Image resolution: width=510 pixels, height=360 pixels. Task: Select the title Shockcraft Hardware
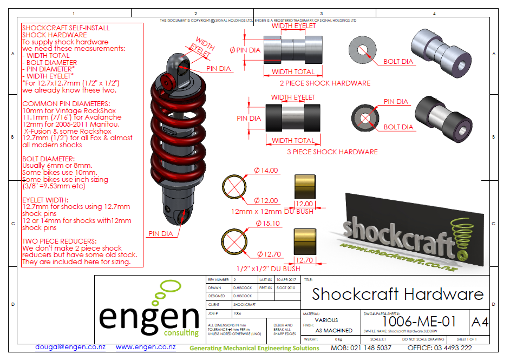[397, 294]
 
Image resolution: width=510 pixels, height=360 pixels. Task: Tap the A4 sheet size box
[480, 322]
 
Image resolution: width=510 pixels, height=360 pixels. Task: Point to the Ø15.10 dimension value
[266, 223]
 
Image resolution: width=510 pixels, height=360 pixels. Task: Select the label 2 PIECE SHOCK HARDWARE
[325, 83]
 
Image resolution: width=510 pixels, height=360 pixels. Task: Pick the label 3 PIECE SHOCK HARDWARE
[332, 152]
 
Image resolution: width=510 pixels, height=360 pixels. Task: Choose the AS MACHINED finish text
[334, 330]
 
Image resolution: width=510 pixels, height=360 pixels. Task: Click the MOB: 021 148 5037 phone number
[361, 348]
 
